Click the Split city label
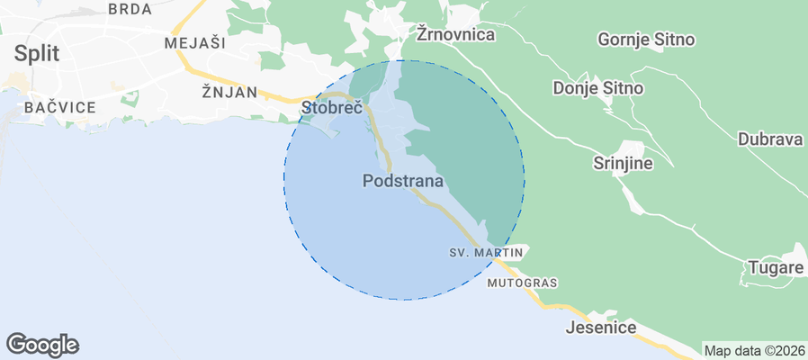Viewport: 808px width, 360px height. click(x=36, y=53)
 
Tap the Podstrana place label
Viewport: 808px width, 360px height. click(x=403, y=181)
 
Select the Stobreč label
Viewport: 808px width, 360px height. click(x=331, y=108)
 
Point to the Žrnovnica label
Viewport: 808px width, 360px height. click(x=457, y=34)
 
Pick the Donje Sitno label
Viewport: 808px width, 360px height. click(x=598, y=88)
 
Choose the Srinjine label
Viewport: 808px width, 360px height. click(x=623, y=164)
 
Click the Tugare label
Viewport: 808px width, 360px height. click(x=775, y=268)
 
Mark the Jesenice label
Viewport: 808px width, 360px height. click(x=601, y=328)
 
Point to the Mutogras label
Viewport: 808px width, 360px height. click(x=522, y=283)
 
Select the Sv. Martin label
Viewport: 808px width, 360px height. click(x=486, y=253)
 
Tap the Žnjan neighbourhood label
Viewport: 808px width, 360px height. click(x=229, y=92)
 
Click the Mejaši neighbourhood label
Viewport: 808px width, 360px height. click(x=195, y=42)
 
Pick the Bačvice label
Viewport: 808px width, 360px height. click(x=60, y=107)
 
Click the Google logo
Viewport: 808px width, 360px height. click(x=42, y=344)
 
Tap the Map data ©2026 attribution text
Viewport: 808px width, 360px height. click(x=754, y=351)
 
